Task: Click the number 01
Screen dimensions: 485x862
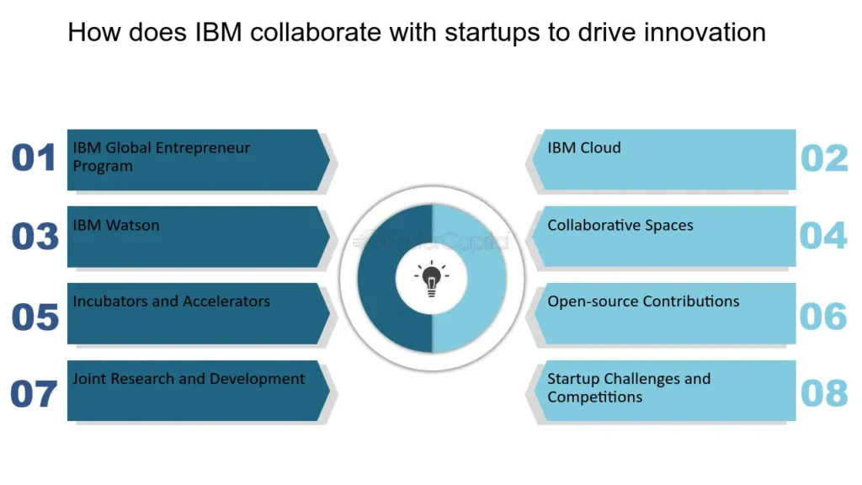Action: (x=34, y=158)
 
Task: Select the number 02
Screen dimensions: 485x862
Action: (x=823, y=158)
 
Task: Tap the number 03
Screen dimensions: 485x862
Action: (x=35, y=237)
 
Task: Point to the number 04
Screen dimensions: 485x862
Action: (x=823, y=236)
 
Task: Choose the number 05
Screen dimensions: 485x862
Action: (x=35, y=317)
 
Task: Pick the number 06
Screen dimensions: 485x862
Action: (x=823, y=316)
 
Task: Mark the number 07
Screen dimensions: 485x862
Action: (x=34, y=394)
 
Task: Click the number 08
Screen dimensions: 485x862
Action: (x=823, y=393)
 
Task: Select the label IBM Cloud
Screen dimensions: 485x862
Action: (x=583, y=148)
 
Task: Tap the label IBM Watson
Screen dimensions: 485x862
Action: (x=115, y=225)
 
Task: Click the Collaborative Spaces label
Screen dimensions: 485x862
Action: (x=620, y=226)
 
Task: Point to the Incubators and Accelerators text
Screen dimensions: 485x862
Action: (x=171, y=301)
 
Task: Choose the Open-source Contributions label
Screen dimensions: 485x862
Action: (x=643, y=301)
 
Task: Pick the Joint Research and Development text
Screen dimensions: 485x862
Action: (x=189, y=379)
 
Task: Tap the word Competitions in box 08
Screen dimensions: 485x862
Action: (x=594, y=397)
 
